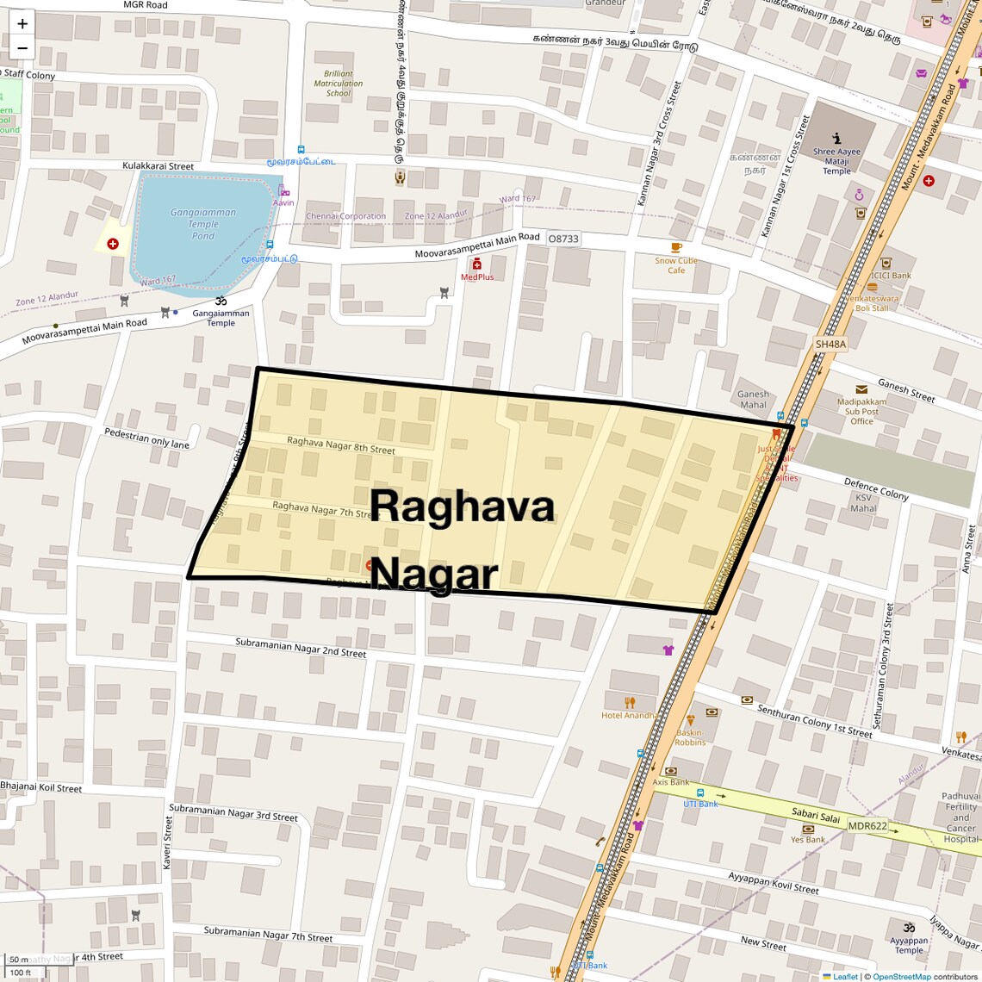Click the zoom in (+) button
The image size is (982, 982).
pyautogui.click(x=22, y=24)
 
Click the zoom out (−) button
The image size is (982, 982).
pyautogui.click(x=22, y=48)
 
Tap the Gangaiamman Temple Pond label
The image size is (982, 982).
pyautogui.click(x=203, y=224)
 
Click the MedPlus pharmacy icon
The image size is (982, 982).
pyautogui.click(x=476, y=264)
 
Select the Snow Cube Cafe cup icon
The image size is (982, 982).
pyautogui.click(x=676, y=248)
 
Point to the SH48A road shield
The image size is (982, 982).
pyautogui.click(x=830, y=344)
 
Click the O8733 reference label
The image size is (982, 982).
pyautogui.click(x=563, y=239)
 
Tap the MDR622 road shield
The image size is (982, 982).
pyautogui.click(x=867, y=825)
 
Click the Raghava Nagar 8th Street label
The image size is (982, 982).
pyautogui.click(x=341, y=444)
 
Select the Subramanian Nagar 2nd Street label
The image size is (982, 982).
pyautogui.click(x=301, y=647)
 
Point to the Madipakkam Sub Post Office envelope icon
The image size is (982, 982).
pyautogui.click(x=861, y=389)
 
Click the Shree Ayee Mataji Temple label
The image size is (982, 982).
pyautogui.click(x=836, y=161)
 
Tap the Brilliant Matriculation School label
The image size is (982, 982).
pyautogui.click(x=339, y=84)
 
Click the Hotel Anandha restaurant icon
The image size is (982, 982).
pyautogui.click(x=630, y=702)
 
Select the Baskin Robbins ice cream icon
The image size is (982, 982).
pyautogui.click(x=689, y=721)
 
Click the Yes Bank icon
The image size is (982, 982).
pyautogui.click(x=808, y=829)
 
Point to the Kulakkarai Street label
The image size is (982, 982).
pyautogui.click(x=158, y=165)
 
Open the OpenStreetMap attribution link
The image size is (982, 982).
pyautogui.click(x=901, y=976)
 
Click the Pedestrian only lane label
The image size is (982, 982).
pyautogui.click(x=146, y=438)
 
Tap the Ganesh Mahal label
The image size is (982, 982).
pyautogui.click(x=753, y=400)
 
